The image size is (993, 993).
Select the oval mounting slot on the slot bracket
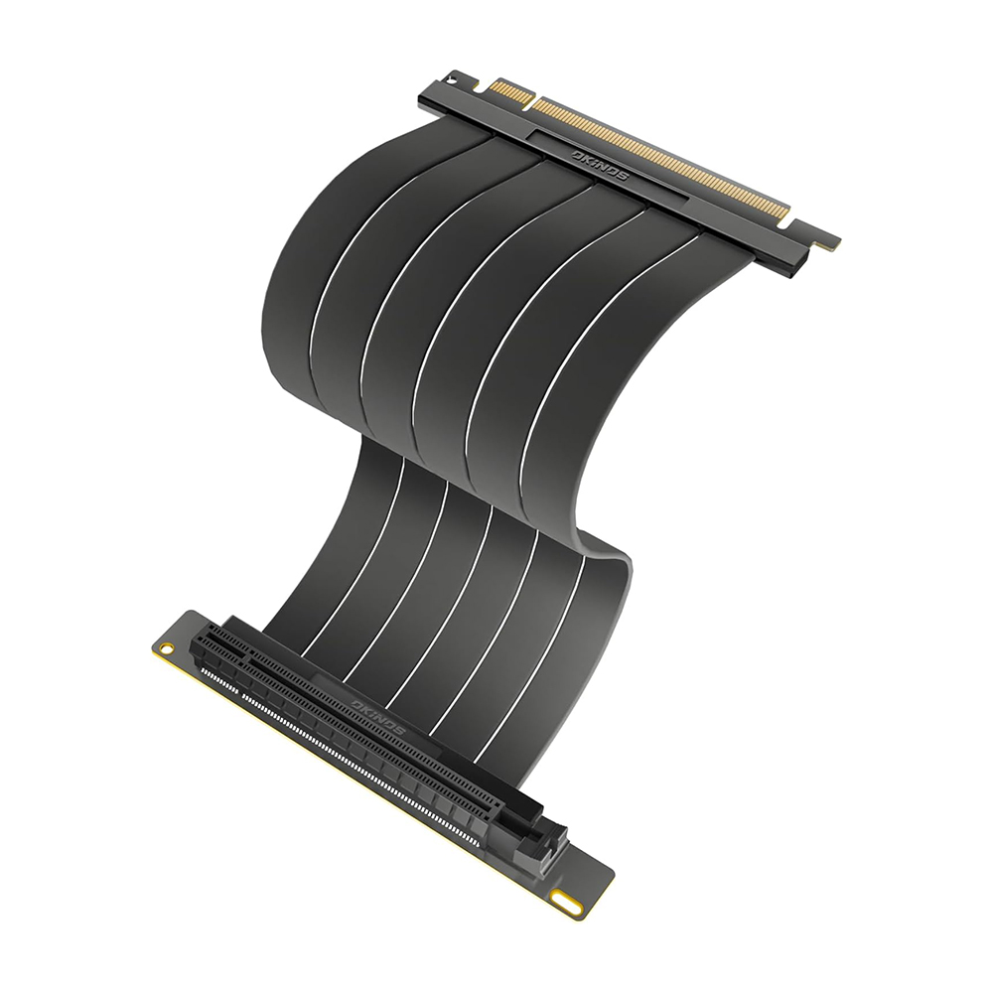point(568,903)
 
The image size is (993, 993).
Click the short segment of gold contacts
point(502,91)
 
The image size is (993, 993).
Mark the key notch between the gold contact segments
point(527,99)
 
